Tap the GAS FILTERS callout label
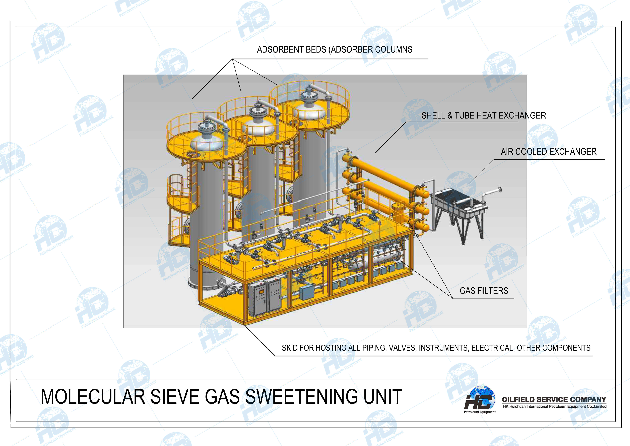click(484, 291)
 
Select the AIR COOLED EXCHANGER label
click(548, 152)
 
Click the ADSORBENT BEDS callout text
click(334, 49)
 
